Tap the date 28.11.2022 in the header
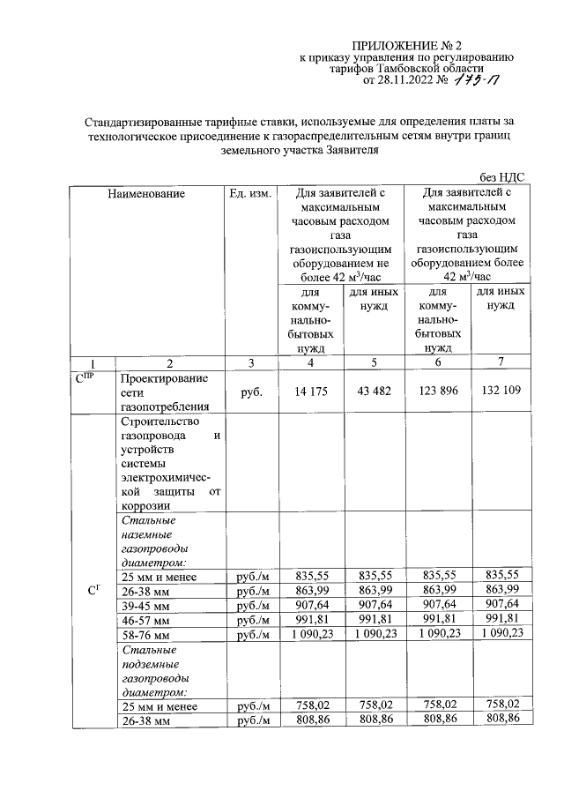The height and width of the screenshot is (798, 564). pyautogui.click(x=406, y=81)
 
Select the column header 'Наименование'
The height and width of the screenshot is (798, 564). pyautogui.click(x=146, y=192)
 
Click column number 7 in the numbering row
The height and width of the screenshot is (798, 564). pyautogui.click(x=501, y=362)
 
